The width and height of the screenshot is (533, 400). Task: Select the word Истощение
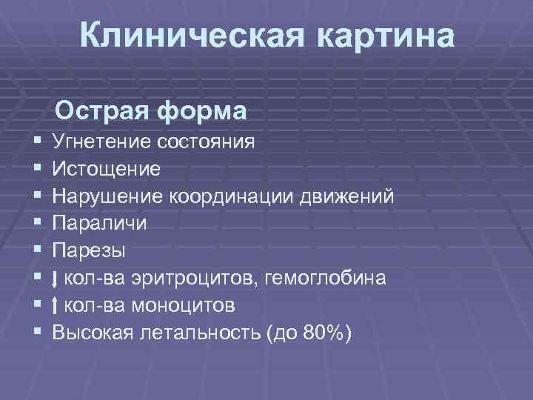(107, 168)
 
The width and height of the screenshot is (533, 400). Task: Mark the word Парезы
(90, 250)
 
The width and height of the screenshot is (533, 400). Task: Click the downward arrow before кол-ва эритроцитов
(57, 279)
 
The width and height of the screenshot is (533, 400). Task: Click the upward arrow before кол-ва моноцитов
(57, 306)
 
